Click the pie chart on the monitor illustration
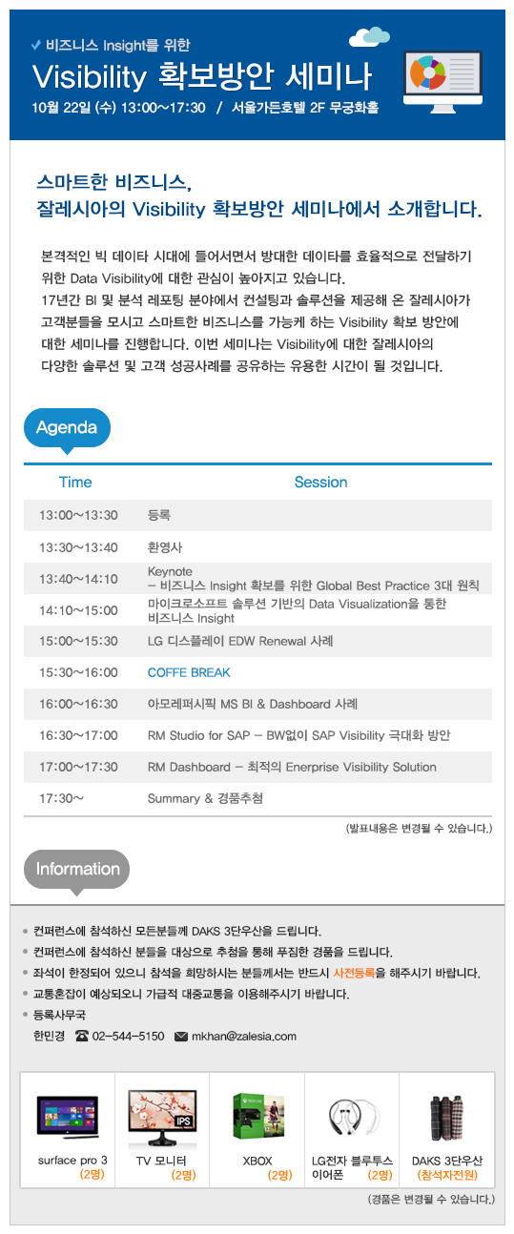(427, 72)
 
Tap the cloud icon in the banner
(369, 37)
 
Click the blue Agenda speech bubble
(67, 429)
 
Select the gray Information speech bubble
(76, 871)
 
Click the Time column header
(75, 482)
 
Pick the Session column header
(320, 482)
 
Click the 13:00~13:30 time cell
(78, 515)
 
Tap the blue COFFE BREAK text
(189, 672)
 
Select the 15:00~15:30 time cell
(78, 641)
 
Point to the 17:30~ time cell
(61, 798)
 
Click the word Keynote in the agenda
(170, 571)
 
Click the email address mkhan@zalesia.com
(244, 1037)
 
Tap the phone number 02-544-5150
(129, 1037)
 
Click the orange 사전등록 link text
(354, 973)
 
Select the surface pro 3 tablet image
(68, 1117)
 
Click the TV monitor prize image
(162, 1118)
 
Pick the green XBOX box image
(257, 1116)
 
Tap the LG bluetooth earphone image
(353, 1118)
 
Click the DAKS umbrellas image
(447, 1118)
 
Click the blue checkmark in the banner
(36, 45)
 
